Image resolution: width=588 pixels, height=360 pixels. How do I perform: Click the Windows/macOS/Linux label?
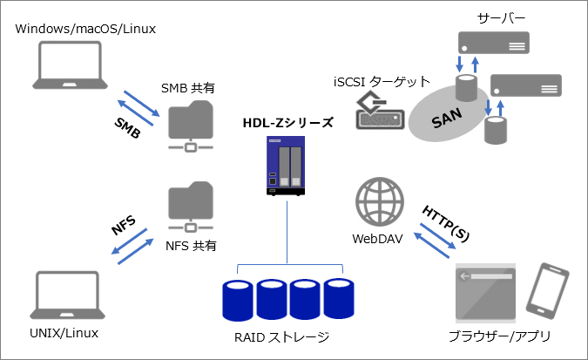point(85,29)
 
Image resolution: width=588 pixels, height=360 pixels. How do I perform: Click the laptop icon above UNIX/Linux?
point(68,296)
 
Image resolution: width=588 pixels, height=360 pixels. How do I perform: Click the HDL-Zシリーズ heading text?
point(287,122)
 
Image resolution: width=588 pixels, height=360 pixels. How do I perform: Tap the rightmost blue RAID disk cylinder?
point(335,299)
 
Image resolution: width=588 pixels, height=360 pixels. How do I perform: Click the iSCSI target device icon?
point(377,111)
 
